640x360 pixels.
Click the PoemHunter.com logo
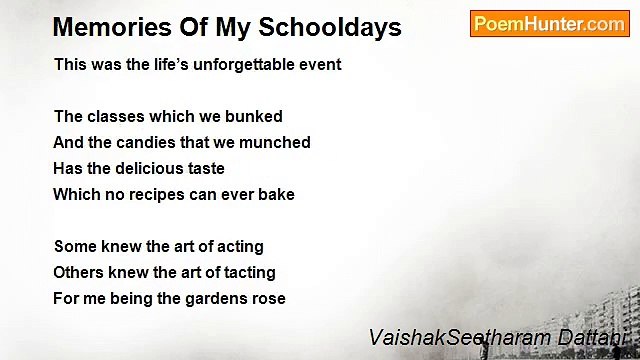(549, 23)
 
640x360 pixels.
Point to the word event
(320, 64)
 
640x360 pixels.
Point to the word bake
(276, 194)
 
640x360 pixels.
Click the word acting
(240, 246)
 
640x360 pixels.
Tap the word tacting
(249, 272)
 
